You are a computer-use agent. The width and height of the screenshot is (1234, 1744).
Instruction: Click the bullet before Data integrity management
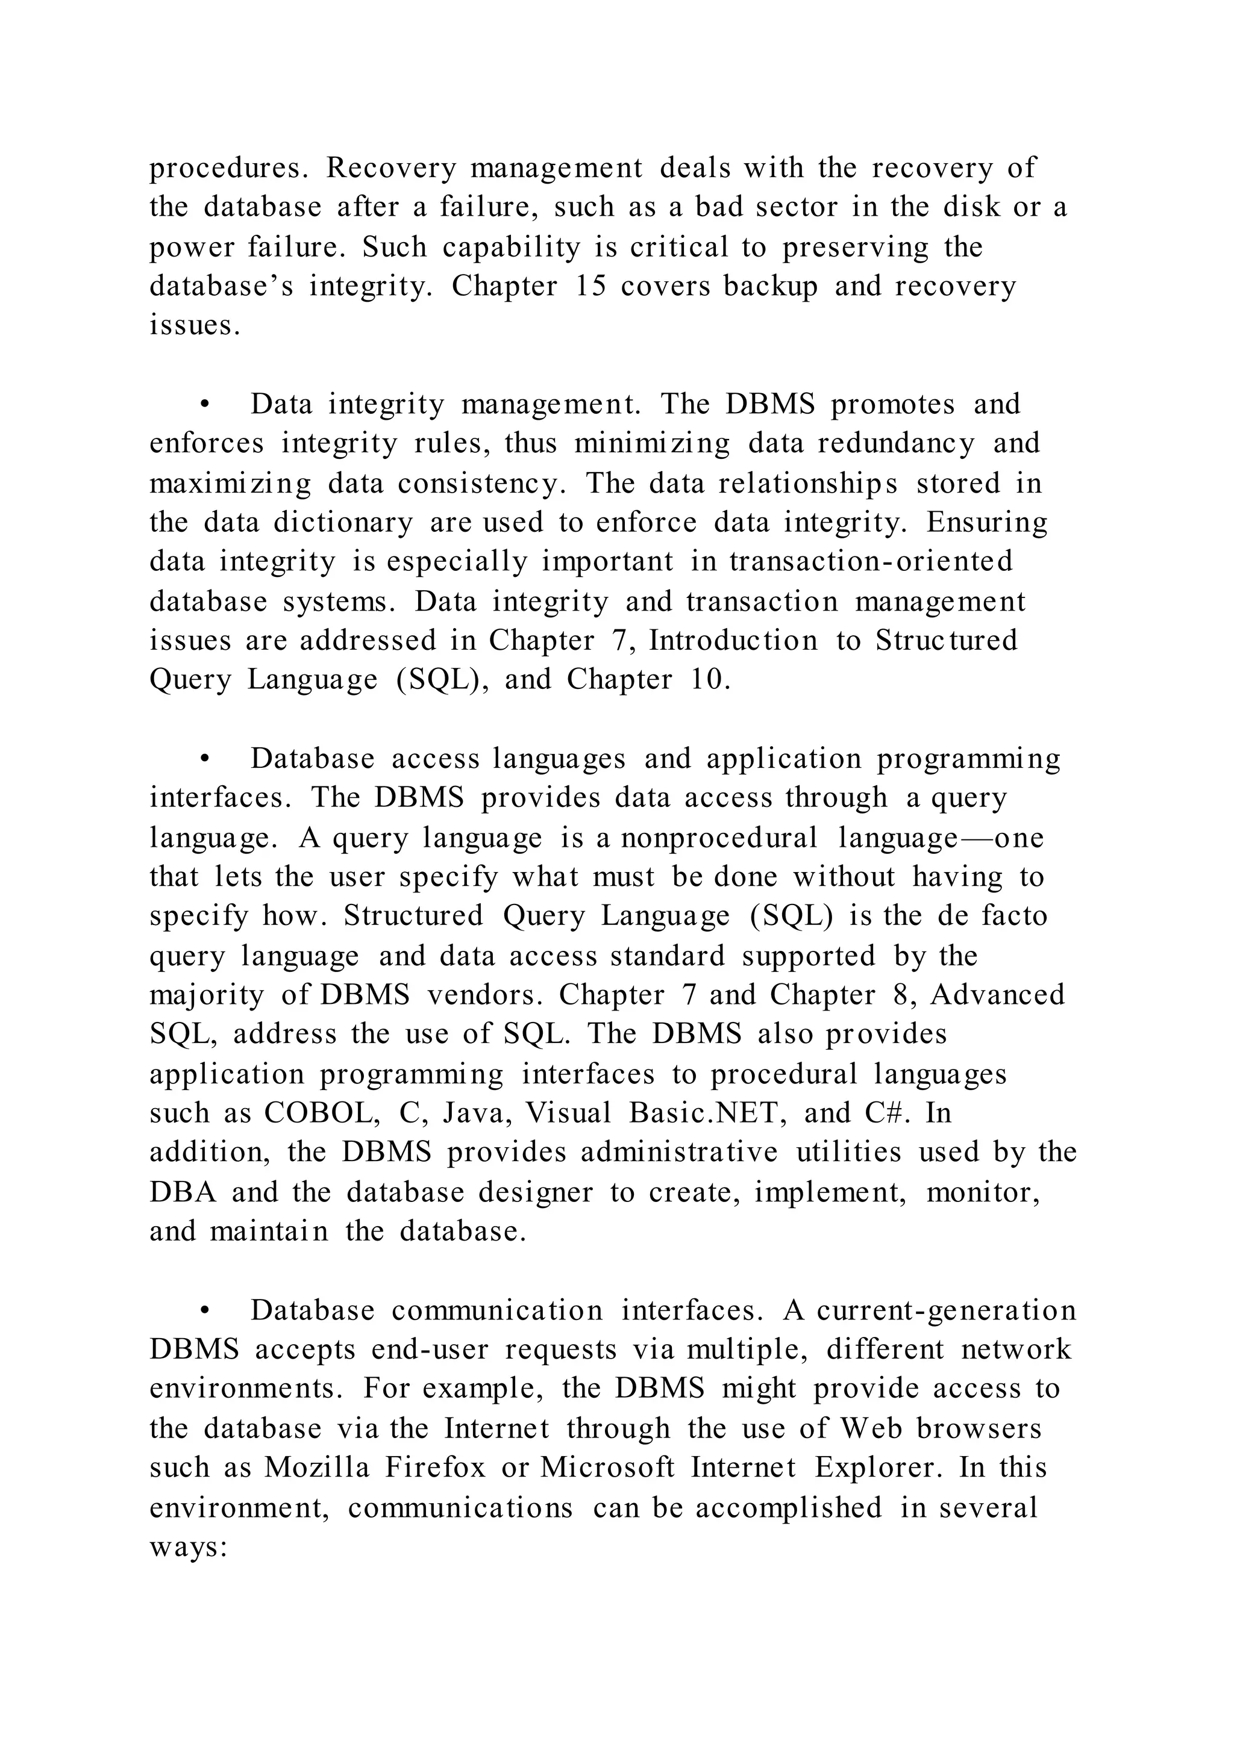204,405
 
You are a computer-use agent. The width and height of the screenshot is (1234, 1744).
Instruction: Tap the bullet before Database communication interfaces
204,1311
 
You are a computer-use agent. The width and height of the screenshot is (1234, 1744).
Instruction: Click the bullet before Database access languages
204,759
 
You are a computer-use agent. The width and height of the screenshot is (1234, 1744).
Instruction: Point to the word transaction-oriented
871,561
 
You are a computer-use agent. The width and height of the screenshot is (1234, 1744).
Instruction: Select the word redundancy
896,444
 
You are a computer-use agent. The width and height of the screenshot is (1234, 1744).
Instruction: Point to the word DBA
183,1192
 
